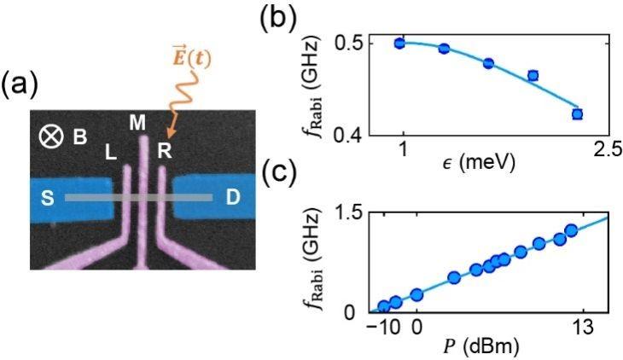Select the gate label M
(137, 122)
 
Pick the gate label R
(166, 151)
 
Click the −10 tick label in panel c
(382, 327)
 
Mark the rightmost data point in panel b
(577, 113)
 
